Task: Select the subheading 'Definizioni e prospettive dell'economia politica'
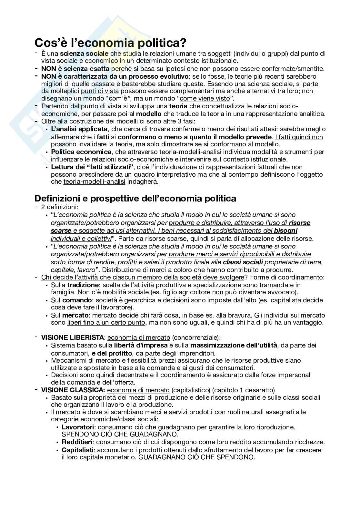point(135,198)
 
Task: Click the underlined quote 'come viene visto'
point(205,99)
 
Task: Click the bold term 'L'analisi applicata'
point(79,129)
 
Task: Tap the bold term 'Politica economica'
point(81,152)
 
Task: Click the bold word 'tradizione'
point(83,285)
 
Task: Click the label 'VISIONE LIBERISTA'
point(73,338)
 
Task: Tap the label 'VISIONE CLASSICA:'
point(73,390)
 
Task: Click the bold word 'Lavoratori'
point(78,427)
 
